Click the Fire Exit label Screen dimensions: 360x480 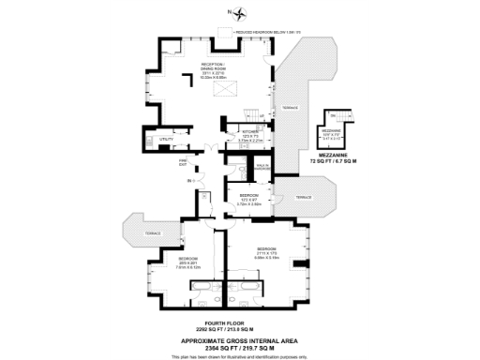coord(184,163)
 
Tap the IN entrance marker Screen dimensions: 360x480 coord(188,179)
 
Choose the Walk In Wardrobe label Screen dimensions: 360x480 coord(262,166)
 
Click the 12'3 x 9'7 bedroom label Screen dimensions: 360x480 coord(248,199)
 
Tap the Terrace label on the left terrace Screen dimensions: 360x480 coord(152,232)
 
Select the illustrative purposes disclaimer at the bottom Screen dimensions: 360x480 coord(240,355)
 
